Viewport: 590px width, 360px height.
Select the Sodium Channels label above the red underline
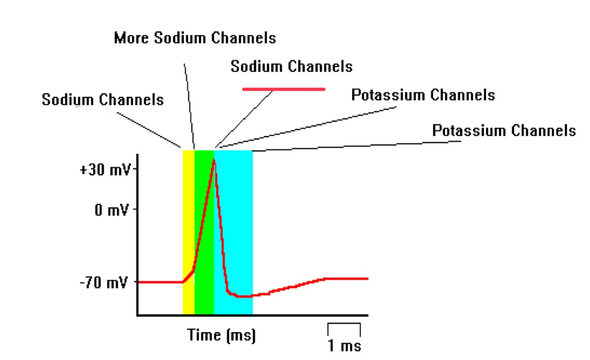291,66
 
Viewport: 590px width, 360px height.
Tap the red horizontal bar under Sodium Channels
283,89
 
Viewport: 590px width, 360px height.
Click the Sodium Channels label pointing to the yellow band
103,100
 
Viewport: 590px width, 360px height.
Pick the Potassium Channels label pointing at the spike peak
423,94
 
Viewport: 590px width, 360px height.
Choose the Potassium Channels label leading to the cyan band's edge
504,131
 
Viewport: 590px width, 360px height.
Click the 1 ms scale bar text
344,346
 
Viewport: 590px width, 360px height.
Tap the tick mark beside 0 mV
135,210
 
